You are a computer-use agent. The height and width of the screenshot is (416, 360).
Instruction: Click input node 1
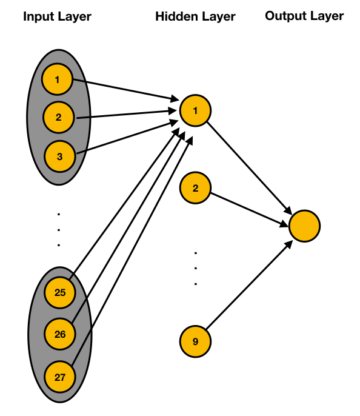point(57,79)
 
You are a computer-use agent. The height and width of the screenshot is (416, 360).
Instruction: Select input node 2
point(59,117)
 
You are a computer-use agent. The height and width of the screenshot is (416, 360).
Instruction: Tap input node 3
point(59,156)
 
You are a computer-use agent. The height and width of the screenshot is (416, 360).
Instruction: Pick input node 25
point(60,292)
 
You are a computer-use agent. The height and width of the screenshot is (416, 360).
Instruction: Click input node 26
point(60,334)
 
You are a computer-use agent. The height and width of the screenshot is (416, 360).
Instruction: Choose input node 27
point(60,377)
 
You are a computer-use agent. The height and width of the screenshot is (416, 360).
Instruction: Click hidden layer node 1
point(195,110)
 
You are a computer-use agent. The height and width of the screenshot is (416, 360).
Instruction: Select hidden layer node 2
point(195,188)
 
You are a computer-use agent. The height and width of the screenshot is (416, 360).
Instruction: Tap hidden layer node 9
point(195,341)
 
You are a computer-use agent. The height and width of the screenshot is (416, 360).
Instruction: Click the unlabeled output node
point(305,226)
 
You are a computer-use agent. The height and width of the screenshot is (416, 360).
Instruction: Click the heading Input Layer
point(57,17)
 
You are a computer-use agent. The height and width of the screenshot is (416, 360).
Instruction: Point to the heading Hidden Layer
point(195,17)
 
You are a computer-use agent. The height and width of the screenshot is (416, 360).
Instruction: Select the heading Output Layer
point(304,16)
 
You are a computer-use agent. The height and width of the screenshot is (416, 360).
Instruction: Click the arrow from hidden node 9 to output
point(249,285)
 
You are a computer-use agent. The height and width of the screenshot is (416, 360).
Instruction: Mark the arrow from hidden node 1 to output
point(249,168)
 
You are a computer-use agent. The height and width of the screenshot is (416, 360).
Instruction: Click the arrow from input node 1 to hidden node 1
point(126,90)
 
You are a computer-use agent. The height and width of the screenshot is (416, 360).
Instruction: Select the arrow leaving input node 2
point(127,114)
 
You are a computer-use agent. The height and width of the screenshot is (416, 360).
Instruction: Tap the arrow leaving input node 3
point(127,137)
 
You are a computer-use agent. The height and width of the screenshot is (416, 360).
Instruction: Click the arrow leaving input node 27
point(132,250)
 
